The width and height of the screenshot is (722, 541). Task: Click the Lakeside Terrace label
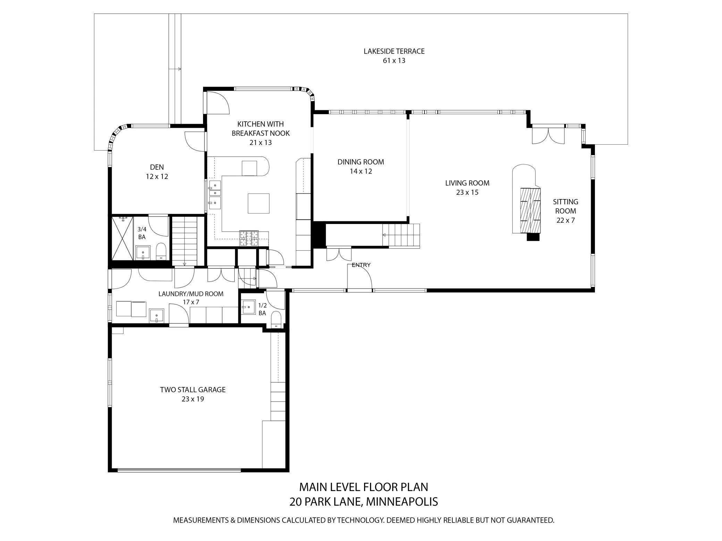click(x=394, y=56)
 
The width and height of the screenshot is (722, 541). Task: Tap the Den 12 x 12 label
click(x=157, y=172)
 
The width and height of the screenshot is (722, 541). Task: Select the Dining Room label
click(x=361, y=166)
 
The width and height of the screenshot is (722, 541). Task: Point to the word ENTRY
click(x=361, y=265)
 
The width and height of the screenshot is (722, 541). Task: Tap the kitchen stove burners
click(x=249, y=238)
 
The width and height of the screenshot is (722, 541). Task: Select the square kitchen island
click(x=259, y=203)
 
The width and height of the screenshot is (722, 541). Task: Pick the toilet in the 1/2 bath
click(x=276, y=319)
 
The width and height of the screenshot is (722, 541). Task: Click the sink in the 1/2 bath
click(x=249, y=307)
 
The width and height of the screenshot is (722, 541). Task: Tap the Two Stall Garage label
click(x=193, y=394)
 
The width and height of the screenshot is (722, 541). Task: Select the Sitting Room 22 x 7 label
click(x=565, y=211)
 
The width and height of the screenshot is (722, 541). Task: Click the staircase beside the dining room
click(x=401, y=235)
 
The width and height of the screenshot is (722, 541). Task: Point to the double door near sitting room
click(x=548, y=136)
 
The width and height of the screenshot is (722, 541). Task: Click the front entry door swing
click(x=360, y=276)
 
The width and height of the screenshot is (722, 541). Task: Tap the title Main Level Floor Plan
click(x=363, y=487)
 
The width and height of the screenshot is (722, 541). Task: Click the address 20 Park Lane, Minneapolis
click(x=363, y=501)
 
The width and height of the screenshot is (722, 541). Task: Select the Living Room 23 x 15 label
click(x=467, y=188)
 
